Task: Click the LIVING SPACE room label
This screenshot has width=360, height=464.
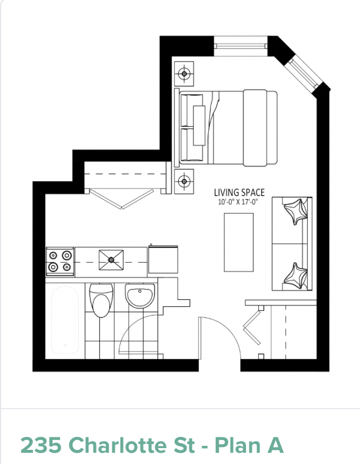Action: click(x=239, y=193)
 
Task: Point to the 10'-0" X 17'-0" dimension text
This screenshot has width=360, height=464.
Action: click(x=239, y=203)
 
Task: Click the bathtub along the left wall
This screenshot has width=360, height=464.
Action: click(x=65, y=320)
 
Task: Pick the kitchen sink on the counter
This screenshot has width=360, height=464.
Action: click(x=111, y=260)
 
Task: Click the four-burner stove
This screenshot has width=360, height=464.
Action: click(x=59, y=261)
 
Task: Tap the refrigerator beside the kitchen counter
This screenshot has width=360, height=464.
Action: click(x=163, y=259)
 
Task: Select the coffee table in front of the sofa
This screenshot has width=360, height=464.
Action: click(x=239, y=243)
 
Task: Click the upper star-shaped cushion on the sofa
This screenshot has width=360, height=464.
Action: click(x=295, y=211)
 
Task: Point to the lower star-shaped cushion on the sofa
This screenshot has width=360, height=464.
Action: click(x=295, y=276)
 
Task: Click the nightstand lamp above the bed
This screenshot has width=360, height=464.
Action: click(x=184, y=74)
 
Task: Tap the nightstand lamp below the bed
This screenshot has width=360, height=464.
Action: click(x=184, y=181)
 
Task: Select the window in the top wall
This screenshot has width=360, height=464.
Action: click(x=241, y=46)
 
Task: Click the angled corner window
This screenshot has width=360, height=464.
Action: click(x=304, y=74)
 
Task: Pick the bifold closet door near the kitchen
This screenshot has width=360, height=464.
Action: click(x=122, y=198)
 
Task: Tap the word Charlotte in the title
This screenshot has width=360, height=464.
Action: click(x=132, y=445)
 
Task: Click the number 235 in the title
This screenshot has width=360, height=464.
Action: click(x=41, y=445)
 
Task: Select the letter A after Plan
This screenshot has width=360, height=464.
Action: click(x=275, y=445)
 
